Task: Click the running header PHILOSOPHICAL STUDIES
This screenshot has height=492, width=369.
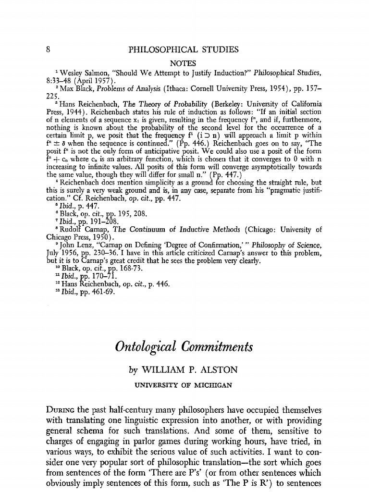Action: coord(184,49)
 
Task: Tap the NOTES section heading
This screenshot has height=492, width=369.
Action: coord(184,62)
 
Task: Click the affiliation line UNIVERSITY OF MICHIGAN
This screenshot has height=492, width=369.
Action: coord(184,385)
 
